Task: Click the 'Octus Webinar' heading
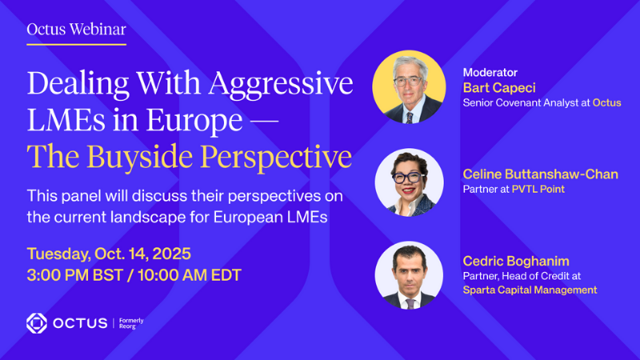coord(76,30)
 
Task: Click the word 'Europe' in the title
coord(194,121)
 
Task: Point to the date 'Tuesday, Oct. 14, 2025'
coord(109,254)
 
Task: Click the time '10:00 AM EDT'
coord(190,275)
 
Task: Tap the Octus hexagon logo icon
coord(37,323)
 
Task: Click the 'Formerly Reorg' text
coord(131,323)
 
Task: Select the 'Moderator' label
coord(490,73)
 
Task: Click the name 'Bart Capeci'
coord(498,88)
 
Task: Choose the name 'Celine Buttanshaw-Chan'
coord(541,174)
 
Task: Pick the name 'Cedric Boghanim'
coord(516,262)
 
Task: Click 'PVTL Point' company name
coord(538,190)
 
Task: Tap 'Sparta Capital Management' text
coord(530,290)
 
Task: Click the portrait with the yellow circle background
coord(409,87)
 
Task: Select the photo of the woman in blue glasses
coord(410,182)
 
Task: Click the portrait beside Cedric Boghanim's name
coord(410,275)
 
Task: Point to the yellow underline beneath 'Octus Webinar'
coord(76,44)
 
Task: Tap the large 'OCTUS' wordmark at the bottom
coord(81,324)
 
